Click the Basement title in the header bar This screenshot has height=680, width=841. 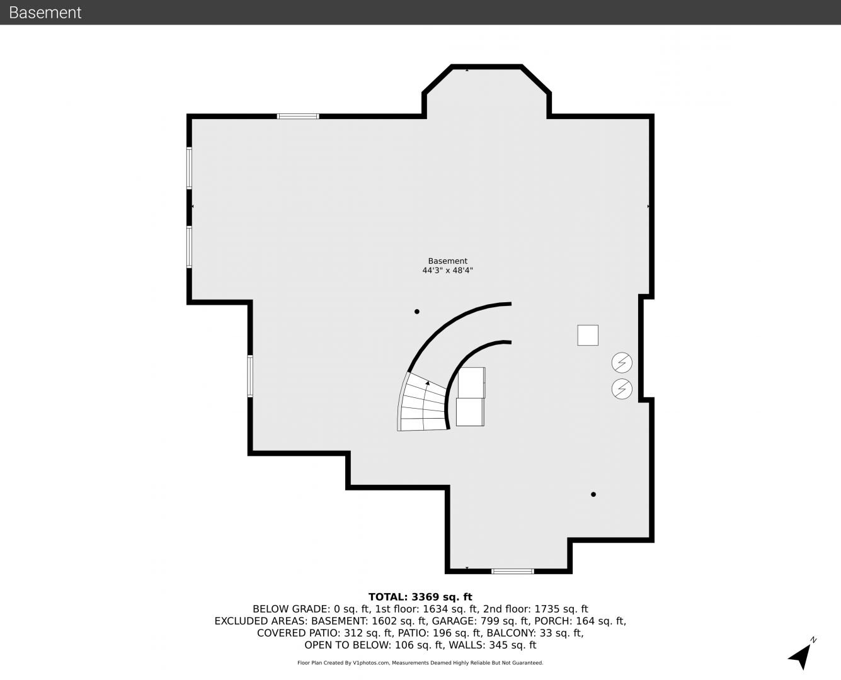coord(45,13)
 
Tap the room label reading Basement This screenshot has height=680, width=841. coord(447,261)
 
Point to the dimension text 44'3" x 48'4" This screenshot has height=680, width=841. coord(447,270)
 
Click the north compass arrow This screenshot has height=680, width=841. coord(801,655)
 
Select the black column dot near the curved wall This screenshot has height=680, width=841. coord(416,312)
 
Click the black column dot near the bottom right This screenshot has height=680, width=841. coord(593,494)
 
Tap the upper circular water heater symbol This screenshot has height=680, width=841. coord(622,362)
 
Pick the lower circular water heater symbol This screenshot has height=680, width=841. coord(622,388)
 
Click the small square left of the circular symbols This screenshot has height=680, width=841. coord(588,335)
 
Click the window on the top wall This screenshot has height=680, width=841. coord(298,116)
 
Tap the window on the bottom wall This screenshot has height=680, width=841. coord(513,571)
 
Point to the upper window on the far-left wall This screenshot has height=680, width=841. coord(189,167)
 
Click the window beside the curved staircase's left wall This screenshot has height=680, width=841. coord(250,376)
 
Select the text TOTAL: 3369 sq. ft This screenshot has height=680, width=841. coord(420,597)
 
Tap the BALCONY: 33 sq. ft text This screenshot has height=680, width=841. coord(535,633)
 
